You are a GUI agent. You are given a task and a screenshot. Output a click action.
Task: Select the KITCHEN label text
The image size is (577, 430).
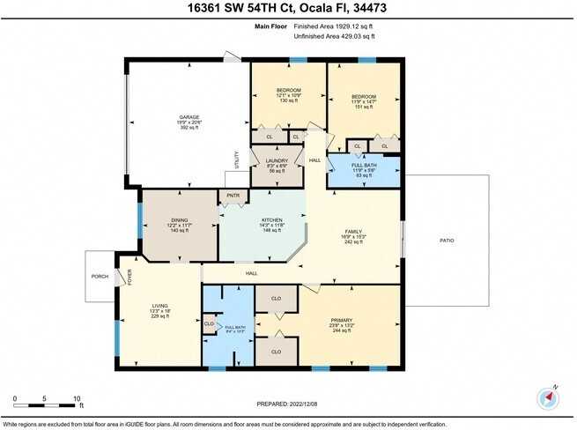pyautogui.click(x=271, y=220)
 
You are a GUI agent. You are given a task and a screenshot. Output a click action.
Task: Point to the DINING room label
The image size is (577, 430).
pyautogui.click(x=181, y=220)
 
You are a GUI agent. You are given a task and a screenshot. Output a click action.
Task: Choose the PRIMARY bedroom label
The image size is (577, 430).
pyautogui.click(x=342, y=319)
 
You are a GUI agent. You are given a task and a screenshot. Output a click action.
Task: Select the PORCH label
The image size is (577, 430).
pyautogui.click(x=100, y=276)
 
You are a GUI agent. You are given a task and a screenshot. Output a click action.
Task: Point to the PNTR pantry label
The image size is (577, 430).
pyautogui.click(x=233, y=196)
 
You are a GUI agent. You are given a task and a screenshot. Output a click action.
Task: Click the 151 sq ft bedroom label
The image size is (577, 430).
pyautogui.click(x=364, y=96)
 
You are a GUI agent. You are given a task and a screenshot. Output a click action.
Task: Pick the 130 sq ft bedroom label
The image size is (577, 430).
pyautogui.click(x=289, y=90)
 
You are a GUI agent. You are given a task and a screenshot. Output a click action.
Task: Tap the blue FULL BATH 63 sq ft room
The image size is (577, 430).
pyautogui.click(x=364, y=170)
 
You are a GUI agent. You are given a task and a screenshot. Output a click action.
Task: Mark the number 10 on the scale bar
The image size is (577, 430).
pyautogui.click(x=78, y=398)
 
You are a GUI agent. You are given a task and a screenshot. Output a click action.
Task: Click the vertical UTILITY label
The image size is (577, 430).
pyautogui.click(x=237, y=159)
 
